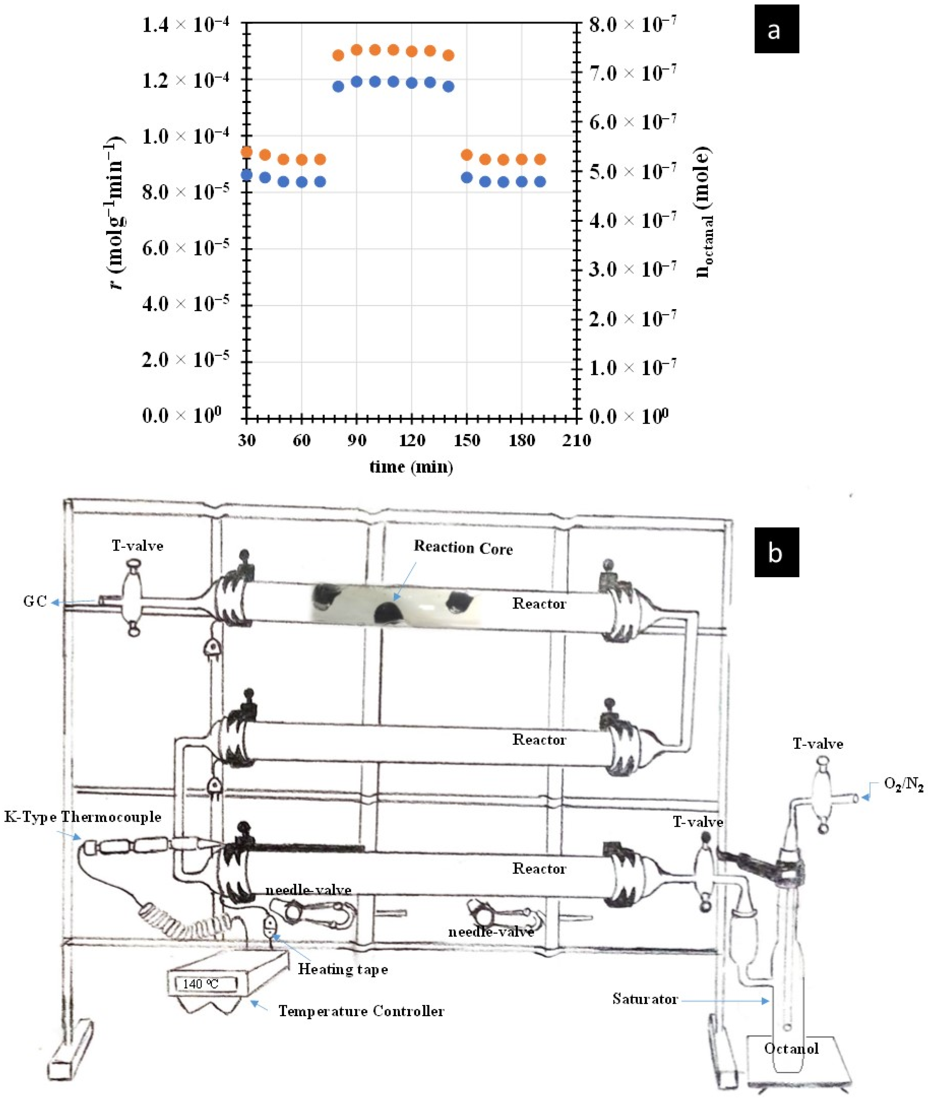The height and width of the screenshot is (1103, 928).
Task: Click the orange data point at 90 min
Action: click(357, 50)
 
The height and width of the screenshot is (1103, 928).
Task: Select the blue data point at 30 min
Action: click(247, 175)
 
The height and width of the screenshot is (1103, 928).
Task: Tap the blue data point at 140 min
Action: click(448, 87)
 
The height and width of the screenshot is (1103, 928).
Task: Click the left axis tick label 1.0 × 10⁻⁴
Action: click(185, 136)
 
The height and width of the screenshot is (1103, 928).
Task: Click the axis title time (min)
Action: click(411, 467)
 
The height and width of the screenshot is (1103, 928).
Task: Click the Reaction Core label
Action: click(463, 548)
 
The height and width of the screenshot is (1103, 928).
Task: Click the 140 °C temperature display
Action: click(201, 984)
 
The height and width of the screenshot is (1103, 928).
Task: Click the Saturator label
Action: click(645, 999)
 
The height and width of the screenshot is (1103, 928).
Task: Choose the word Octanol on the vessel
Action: click(791, 1049)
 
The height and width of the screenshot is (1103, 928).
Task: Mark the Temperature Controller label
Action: click(361, 1011)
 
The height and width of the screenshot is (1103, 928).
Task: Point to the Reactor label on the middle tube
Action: click(539, 740)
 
